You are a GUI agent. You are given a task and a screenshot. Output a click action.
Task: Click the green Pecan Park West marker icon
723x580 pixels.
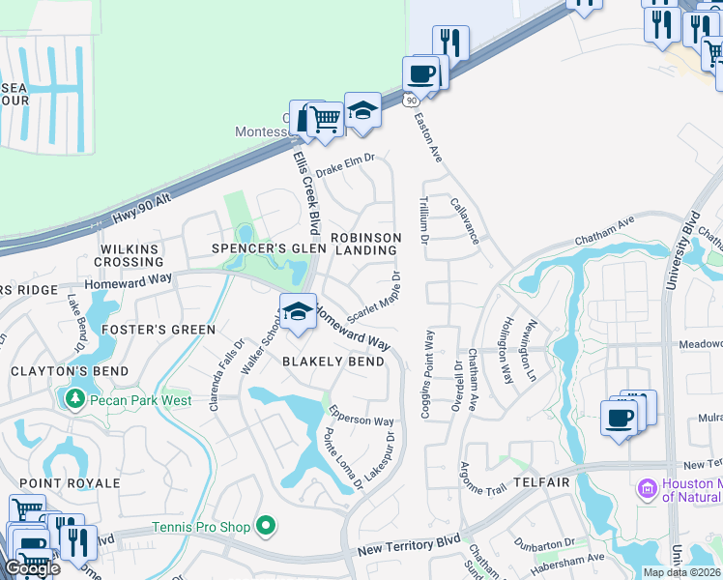pyautogui.click(x=73, y=397)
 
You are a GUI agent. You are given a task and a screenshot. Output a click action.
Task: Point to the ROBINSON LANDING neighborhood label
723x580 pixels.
pyautogui.click(x=365, y=244)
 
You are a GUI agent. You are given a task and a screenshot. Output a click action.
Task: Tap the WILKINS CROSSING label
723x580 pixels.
pyautogui.click(x=130, y=255)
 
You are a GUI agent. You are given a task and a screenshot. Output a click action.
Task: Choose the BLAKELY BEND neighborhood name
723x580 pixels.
pyautogui.click(x=333, y=362)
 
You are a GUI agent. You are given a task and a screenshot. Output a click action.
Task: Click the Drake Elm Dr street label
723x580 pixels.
pyautogui.click(x=344, y=162)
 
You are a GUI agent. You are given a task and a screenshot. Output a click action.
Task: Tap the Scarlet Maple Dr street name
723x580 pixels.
pyautogui.click(x=372, y=304)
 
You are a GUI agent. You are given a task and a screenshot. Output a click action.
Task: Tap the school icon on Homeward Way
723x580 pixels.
pyautogui.click(x=298, y=311)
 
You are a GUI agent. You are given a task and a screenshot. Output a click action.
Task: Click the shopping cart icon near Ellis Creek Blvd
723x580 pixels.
pyautogui.click(x=327, y=120)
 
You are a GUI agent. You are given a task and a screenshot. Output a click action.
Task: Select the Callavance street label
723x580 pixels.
pyautogui.click(x=465, y=219)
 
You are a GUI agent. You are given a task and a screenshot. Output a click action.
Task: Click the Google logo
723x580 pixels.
pyautogui.click(x=31, y=568)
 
